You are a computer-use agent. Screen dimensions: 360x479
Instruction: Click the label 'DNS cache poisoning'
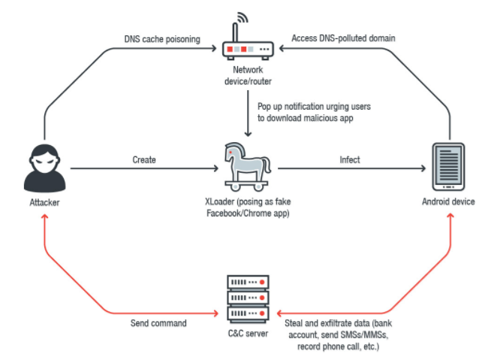point(161,39)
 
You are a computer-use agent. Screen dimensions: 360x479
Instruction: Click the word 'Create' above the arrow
point(144,159)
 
